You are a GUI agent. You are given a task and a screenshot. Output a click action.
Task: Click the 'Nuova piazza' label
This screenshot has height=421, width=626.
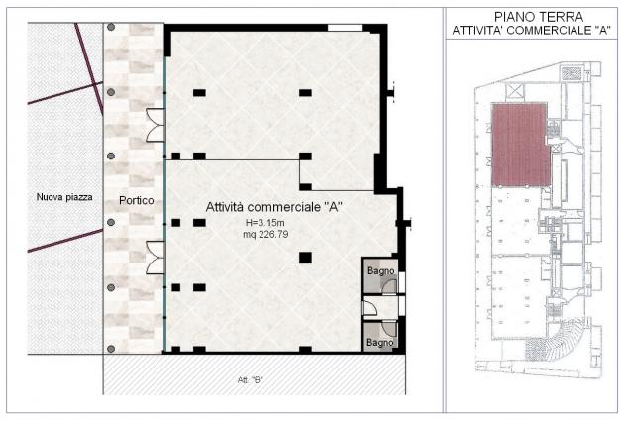(x=64, y=197)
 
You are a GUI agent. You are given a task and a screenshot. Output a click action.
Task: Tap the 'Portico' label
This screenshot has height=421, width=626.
(x=136, y=200)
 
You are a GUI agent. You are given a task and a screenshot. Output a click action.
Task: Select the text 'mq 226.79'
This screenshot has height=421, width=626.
(x=265, y=234)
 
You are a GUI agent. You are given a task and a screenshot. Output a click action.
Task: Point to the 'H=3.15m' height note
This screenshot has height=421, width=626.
(x=264, y=223)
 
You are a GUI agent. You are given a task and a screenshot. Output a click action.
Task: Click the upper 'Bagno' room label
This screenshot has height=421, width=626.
(x=381, y=271)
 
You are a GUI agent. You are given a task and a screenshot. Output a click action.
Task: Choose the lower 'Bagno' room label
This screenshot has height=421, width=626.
(x=379, y=343)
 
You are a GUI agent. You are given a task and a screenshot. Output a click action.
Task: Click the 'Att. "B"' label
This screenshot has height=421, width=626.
(x=250, y=379)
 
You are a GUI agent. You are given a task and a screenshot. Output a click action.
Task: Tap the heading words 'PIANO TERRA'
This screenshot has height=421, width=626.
(x=539, y=17)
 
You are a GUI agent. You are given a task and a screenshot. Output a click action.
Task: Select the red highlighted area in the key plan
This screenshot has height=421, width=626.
(x=520, y=145)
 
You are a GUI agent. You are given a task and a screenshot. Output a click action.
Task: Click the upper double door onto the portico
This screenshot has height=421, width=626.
(x=156, y=125)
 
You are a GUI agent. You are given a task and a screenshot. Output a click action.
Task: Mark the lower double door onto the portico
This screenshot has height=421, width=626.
(x=156, y=258)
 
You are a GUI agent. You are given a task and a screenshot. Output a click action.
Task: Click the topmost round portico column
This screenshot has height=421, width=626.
(x=111, y=27)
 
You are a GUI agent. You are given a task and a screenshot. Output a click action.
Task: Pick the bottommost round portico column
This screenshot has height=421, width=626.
(x=111, y=349)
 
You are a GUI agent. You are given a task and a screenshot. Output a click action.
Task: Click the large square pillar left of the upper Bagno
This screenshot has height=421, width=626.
(x=305, y=258)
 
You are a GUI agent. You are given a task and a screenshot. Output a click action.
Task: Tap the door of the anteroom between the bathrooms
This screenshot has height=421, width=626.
(x=369, y=307)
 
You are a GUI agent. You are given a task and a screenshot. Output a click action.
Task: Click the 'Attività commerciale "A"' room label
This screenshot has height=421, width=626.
(x=273, y=207)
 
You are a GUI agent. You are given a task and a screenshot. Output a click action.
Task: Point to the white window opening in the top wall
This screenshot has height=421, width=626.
(x=345, y=28)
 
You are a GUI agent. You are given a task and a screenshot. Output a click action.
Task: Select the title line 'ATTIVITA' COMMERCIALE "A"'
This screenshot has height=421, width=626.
(x=531, y=31)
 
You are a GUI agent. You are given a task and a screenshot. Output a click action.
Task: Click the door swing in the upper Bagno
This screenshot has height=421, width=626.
(x=389, y=287)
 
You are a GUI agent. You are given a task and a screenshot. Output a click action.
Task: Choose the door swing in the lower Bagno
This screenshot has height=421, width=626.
(x=389, y=328)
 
